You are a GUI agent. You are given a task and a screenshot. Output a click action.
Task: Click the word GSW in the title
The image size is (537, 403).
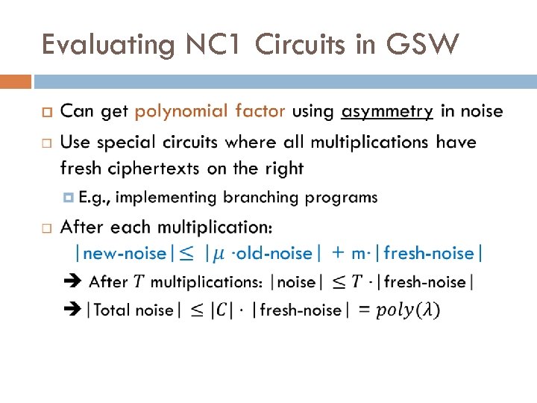coord(422,46)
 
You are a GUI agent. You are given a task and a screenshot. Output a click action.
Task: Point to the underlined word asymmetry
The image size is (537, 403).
coord(387,111)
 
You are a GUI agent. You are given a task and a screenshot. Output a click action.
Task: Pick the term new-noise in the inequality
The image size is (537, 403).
coord(125,254)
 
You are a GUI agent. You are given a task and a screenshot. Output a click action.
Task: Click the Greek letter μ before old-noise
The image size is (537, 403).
coord(217,254)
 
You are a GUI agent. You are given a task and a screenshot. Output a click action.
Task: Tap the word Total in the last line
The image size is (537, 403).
coord(113,310)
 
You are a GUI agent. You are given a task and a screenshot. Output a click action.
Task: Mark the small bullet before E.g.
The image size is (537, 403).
coord(69,198)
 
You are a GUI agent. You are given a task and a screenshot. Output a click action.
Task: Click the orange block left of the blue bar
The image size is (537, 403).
coord(16,81)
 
